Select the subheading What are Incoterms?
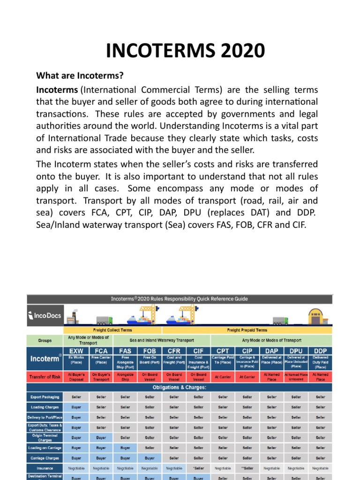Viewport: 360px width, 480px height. coord(80,75)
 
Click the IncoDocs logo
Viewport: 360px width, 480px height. coord(45,315)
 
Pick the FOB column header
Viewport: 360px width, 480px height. coord(150,351)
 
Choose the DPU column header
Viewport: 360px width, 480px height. coord(296,351)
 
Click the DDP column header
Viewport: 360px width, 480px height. coord(320,351)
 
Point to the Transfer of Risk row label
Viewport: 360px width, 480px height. coord(45,377)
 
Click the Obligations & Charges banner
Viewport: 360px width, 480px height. coord(180,387)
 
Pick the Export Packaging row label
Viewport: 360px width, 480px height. coord(45,397)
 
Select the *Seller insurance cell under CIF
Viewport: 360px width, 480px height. coord(198,468)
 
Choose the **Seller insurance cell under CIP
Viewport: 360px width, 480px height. coord(247,468)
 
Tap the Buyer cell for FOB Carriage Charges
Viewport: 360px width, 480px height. coord(150,458)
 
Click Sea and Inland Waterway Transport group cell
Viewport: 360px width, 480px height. coord(162,340)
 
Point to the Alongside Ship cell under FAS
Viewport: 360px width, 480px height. coord(125,377)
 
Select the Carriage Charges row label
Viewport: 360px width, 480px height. coord(45,458)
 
